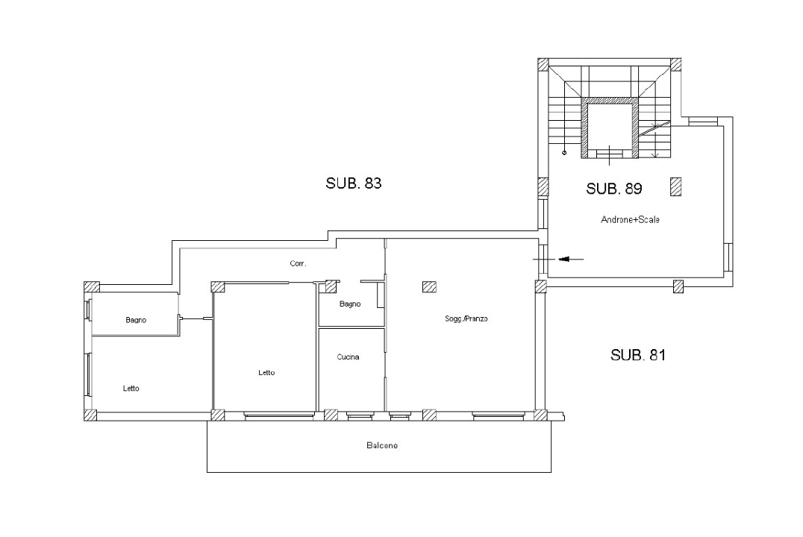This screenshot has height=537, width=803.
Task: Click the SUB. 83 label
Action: (x=354, y=183)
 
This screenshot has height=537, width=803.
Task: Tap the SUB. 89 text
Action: (x=614, y=189)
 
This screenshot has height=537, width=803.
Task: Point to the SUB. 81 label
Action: (x=638, y=355)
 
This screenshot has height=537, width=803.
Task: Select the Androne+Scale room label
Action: (x=631, y=220)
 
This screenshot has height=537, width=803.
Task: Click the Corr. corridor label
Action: (x=299, y=263)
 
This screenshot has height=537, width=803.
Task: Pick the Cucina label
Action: (x=348, y=357)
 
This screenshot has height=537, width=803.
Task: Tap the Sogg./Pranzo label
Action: (x=466, y=319)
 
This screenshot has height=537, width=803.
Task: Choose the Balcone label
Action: (x=382, y=446)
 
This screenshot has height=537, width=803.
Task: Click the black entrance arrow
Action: (x=570, y=259)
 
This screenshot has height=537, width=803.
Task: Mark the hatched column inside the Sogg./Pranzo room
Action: (x=429, y=286)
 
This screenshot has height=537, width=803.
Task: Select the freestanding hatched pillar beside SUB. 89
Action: (x=676, y=186)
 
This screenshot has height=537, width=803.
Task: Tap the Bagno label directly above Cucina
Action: (x=350, y=304)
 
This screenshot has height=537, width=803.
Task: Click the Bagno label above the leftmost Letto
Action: (x=136, y=320)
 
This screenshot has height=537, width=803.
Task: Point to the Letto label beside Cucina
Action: (x=266, y=373)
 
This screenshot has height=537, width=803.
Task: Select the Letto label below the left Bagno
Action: (x=131, y=389)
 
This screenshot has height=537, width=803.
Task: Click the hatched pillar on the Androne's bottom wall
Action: (x=678, y=286)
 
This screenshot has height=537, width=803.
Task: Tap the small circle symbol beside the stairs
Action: (x=564, y=154)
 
